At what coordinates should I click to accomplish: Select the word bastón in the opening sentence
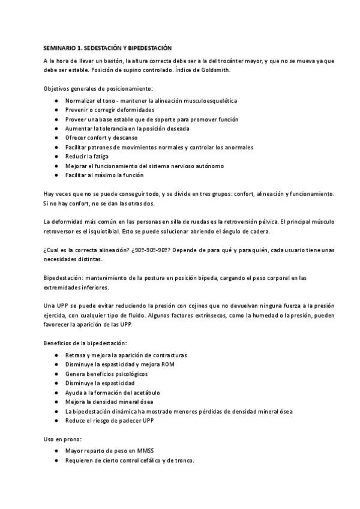[115, 61]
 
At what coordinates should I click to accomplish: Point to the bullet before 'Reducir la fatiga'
[56, 157]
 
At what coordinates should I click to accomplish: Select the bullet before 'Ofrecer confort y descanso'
[56, 138]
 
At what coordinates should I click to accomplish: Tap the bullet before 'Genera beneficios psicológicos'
[56, 373]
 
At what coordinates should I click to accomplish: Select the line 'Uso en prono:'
[62, 439]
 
